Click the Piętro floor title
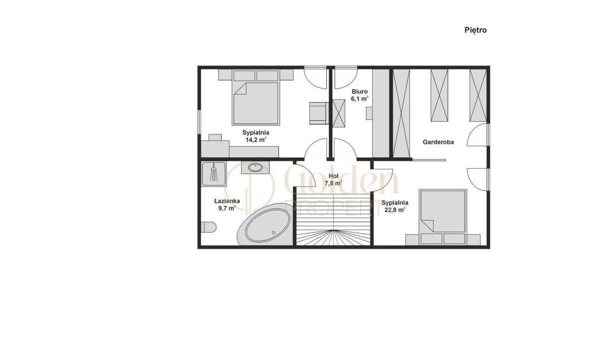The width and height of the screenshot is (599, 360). pyautogui.click(x=475, y=30)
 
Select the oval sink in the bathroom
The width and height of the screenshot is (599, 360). pyautogui.click(x=255, y=167)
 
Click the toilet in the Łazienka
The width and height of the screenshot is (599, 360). pyautogui.click(x=209, y=227)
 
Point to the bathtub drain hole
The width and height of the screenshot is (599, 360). pyautogui.click(x=274, y=232)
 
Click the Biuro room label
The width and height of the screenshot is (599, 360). pyautogui.click(x=360, y=92)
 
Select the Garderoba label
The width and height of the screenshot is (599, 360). pyautogui.click(x=438, y=142)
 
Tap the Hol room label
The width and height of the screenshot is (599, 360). pyautogui.click(x=333, y=176)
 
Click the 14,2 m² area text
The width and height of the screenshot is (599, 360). pyautogui.click(x=256, y=139)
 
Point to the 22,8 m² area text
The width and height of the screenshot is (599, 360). pyautogui.click(x=395, y=210)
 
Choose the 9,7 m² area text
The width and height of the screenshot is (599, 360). pyautogui.click(x=227, y=208)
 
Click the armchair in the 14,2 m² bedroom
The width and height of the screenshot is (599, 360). pyautogui.click(x=319, y=113)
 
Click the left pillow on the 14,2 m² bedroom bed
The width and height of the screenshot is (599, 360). pyautogui.click(x=244, y=76)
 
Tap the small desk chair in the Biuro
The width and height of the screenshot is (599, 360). pyautogui.click(x=369, y=113)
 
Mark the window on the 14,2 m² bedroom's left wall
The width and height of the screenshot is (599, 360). pyautogui.click(x=199, y=121)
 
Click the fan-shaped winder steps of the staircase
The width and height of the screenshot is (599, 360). pyautogui.click(x=333, y=238)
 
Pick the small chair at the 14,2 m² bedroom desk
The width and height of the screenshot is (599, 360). pyautogui.click(x=215, y=137)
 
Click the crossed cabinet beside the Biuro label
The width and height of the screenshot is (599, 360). pyautogui.click(x=338, y=113)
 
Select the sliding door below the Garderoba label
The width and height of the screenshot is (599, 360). pyautogui.click(x=429, y=160)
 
